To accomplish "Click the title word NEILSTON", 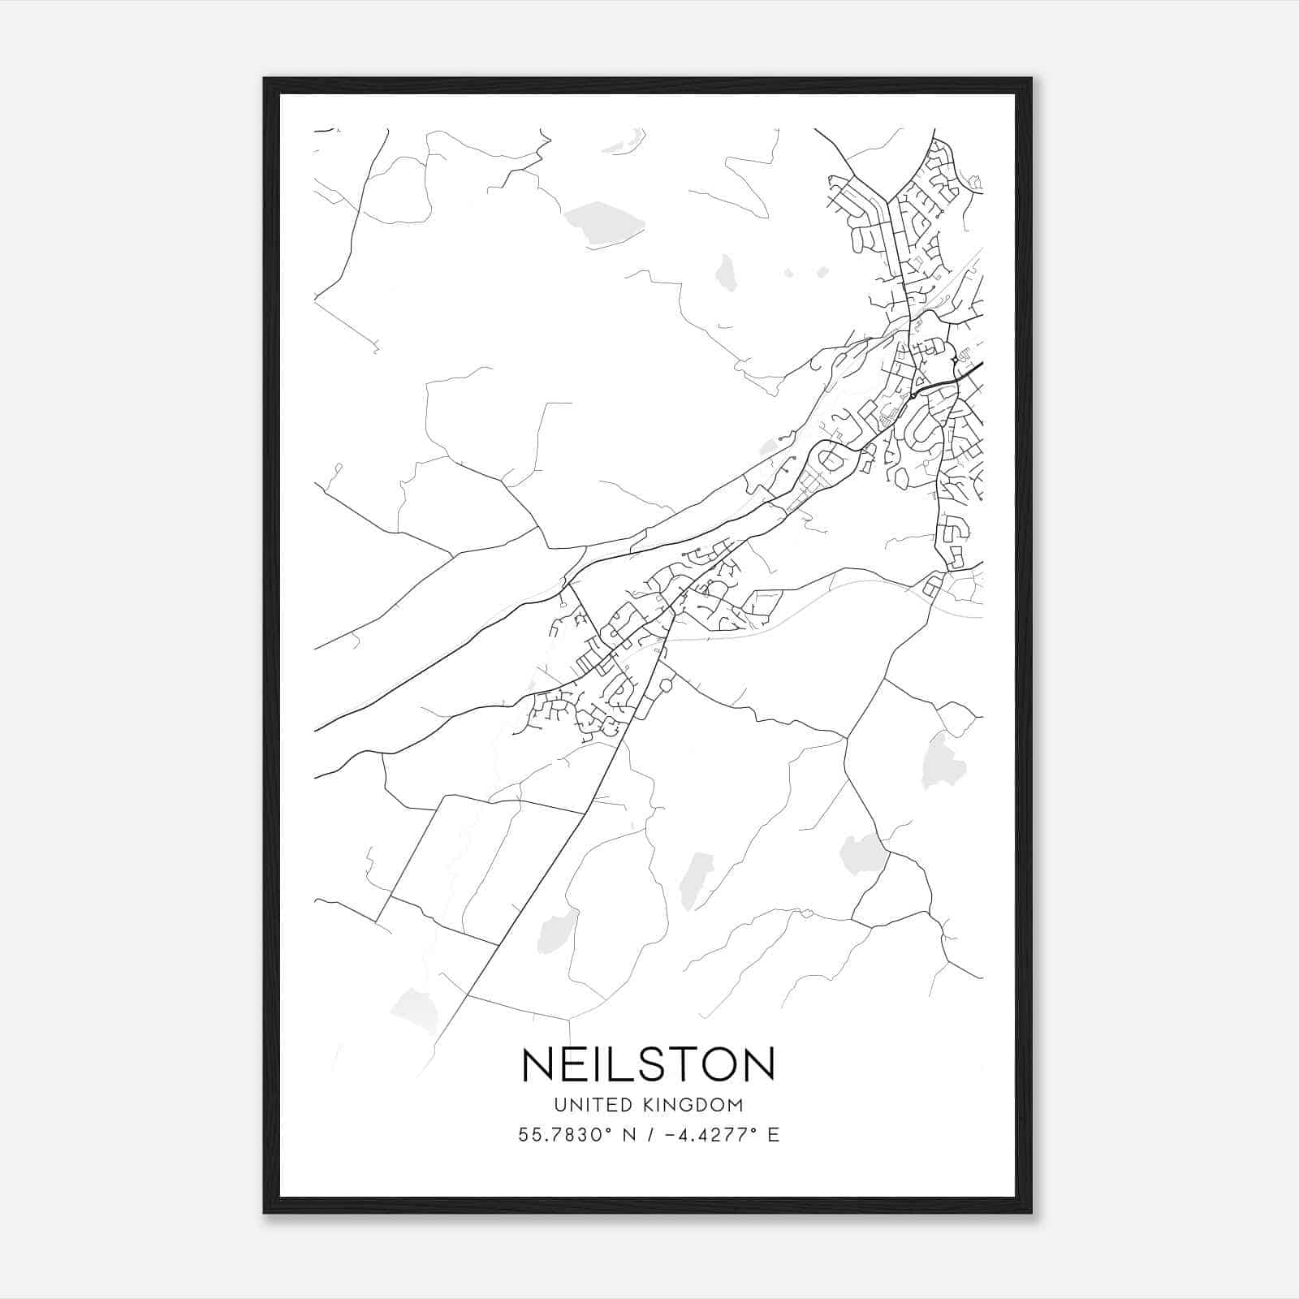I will point(649,1064).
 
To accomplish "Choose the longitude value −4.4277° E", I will point(721,1135).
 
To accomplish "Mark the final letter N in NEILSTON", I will point(760,1064).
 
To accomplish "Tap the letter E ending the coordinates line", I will point(774,1135).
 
